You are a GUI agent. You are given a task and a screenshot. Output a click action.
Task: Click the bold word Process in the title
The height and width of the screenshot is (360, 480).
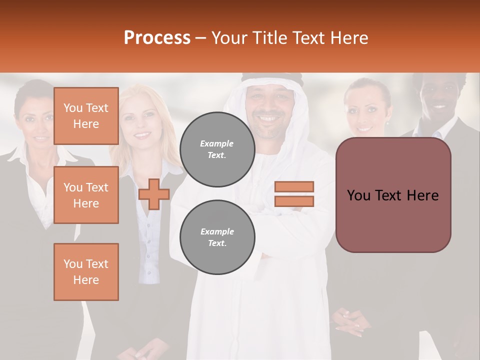click(157, 37)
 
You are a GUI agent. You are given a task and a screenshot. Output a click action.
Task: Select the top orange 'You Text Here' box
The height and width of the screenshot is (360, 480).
click(86, 116)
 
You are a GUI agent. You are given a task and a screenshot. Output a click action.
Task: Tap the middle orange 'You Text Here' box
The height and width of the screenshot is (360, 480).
click(86, 195)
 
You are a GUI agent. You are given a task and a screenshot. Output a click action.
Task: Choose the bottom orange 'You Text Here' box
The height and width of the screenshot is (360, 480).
click(86, 272)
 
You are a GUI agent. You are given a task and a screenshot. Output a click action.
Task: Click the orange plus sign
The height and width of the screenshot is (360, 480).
click(154, 194)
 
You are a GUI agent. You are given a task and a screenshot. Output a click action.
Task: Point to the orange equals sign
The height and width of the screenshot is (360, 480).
click(294, 194)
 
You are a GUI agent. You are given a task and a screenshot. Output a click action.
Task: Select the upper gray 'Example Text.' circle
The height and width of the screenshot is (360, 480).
click(217, 149)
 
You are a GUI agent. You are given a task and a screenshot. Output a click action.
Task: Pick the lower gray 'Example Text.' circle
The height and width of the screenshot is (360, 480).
click(217, 237)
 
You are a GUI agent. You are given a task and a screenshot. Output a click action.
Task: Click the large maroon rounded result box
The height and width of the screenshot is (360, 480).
click(393, 195)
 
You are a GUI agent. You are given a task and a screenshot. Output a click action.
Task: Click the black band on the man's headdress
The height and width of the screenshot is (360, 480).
click(272, 77)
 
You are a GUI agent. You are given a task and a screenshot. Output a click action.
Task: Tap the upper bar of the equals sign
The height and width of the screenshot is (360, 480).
click(294, 186)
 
